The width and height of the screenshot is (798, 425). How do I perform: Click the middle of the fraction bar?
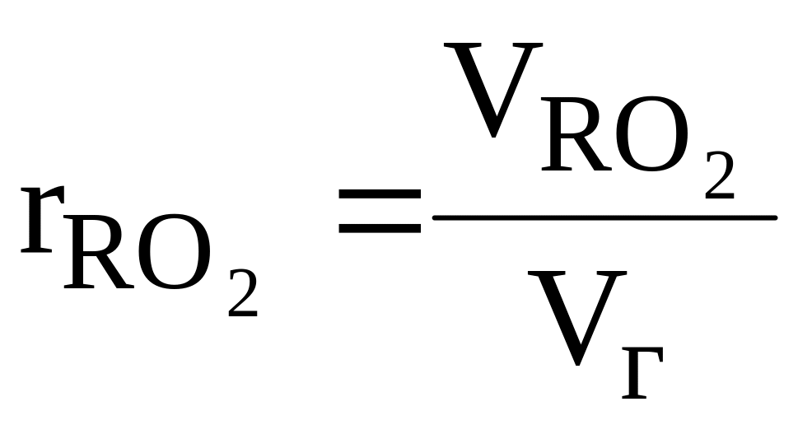pos(605,217)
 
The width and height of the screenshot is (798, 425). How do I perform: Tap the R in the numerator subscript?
pos(571,137)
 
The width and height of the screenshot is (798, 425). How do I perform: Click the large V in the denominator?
pos(573,317)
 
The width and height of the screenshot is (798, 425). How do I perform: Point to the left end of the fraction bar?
pos(436,217)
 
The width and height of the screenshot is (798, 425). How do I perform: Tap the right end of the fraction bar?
pos(774,217)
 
